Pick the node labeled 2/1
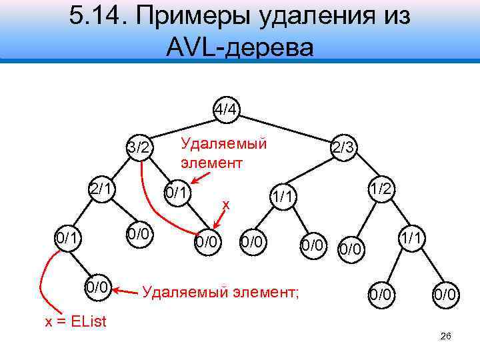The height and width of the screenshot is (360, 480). click(x=100, y=189)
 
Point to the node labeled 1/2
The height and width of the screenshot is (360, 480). click(x=381, y=189)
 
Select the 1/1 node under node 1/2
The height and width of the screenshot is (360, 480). click(x=409, y=237)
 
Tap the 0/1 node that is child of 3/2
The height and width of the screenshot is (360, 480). click(x=178, y=193)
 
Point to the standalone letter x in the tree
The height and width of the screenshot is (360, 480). click(x=226, y=205)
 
